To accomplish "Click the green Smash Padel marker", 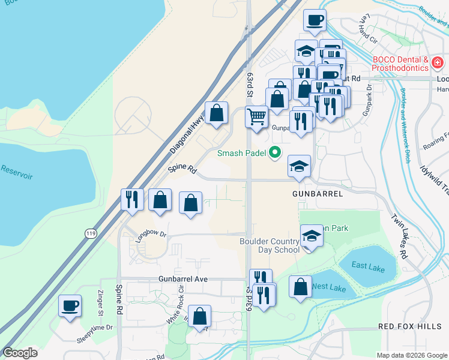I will pos(275,152).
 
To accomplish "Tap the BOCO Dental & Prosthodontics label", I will pos(400,64).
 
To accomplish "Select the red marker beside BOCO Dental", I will pos(438,62).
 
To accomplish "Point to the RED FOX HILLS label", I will pos(410,326).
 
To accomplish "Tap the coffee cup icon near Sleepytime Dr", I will pos(70,305).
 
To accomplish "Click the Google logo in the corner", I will pos(20,352).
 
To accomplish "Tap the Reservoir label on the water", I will pos(16,176).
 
